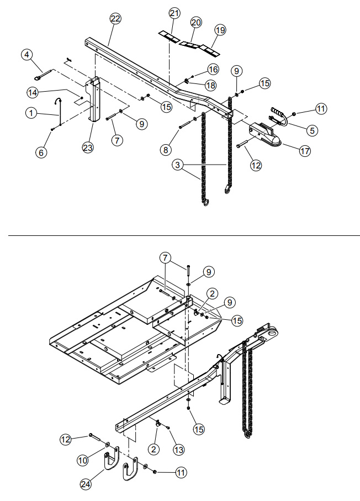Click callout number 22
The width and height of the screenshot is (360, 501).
(115, 19)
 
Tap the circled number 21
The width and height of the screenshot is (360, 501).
(174, 13)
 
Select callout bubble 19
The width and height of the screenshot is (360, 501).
(220, 30)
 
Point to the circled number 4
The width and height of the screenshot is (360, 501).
(27, 55)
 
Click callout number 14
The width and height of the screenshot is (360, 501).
(32, 93)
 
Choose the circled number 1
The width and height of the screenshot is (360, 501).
(31, 113)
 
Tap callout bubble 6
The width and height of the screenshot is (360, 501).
(41, 152)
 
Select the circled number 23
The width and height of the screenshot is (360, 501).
(88, 147)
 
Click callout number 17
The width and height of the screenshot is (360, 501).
(305, 150)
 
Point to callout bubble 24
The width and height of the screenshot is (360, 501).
(85, 484)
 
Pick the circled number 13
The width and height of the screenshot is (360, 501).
(178, 450)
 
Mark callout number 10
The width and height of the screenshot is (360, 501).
(83, 461)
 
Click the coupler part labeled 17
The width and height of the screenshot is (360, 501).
(265, 135)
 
